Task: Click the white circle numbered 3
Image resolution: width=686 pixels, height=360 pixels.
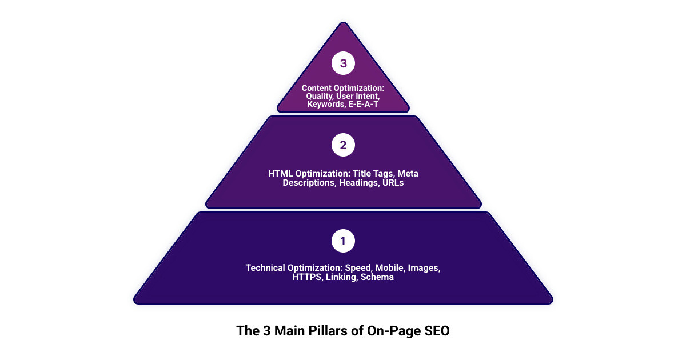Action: tap(343, 63)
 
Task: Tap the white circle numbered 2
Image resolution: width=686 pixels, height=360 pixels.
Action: tap(343, 145)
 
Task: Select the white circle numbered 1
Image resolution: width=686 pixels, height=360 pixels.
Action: tap(343, 241)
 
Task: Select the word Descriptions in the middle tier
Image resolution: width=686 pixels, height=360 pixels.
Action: tap(309, 183)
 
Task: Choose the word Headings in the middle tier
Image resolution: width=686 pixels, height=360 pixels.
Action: tap(358, 183)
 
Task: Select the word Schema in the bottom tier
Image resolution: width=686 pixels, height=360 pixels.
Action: tap(377, 278)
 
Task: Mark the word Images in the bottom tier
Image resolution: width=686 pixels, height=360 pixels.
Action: tap(426, 267)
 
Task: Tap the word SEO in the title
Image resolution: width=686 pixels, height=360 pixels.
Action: tap(437, 331)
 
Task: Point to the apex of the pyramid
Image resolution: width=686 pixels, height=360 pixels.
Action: tap(343, 24)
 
